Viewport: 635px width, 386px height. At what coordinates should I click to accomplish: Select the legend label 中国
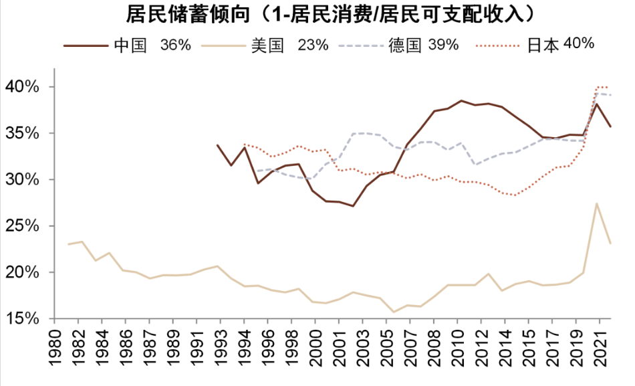pyautogui.click(x=130, y=45)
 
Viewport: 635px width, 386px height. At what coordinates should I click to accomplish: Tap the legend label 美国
pyautogui.click(x=268, y=45)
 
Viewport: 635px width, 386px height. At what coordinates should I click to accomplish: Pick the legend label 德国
pyautogui.click(x=405, y=45)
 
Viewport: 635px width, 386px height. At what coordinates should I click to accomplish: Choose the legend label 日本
pyautogui.click(x=543, y=45)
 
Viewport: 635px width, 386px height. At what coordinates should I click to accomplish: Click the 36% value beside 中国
pyautogui.click(x=176, y=45)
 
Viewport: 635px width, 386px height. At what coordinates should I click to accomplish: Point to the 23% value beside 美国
pyautogui.click(x=313, y=45)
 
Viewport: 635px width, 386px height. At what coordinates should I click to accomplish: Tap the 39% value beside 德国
pyautogui.click(x=443, y=45)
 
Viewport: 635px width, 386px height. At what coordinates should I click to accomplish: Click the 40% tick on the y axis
pyautogui.click(x=24, y=87)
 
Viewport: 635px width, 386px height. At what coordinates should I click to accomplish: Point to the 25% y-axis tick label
pyautogui.click(x=24, y=226)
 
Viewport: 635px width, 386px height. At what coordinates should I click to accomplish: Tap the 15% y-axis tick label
pyautogui.click(x=24, y=319)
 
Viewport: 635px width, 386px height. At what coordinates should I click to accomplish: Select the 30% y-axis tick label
pyautogui.click(x=24, y=180)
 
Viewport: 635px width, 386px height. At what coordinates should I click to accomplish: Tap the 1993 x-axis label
pyautogui.click(x=217, y=349)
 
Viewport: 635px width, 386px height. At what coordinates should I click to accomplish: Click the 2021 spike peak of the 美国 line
pyautogui.click(x=596, y=203)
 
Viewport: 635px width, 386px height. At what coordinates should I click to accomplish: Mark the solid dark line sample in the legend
pyautogui.click(x=86, y=46)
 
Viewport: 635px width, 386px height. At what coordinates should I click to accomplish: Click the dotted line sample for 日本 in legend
pyautogui.click(x=498, y=46)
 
